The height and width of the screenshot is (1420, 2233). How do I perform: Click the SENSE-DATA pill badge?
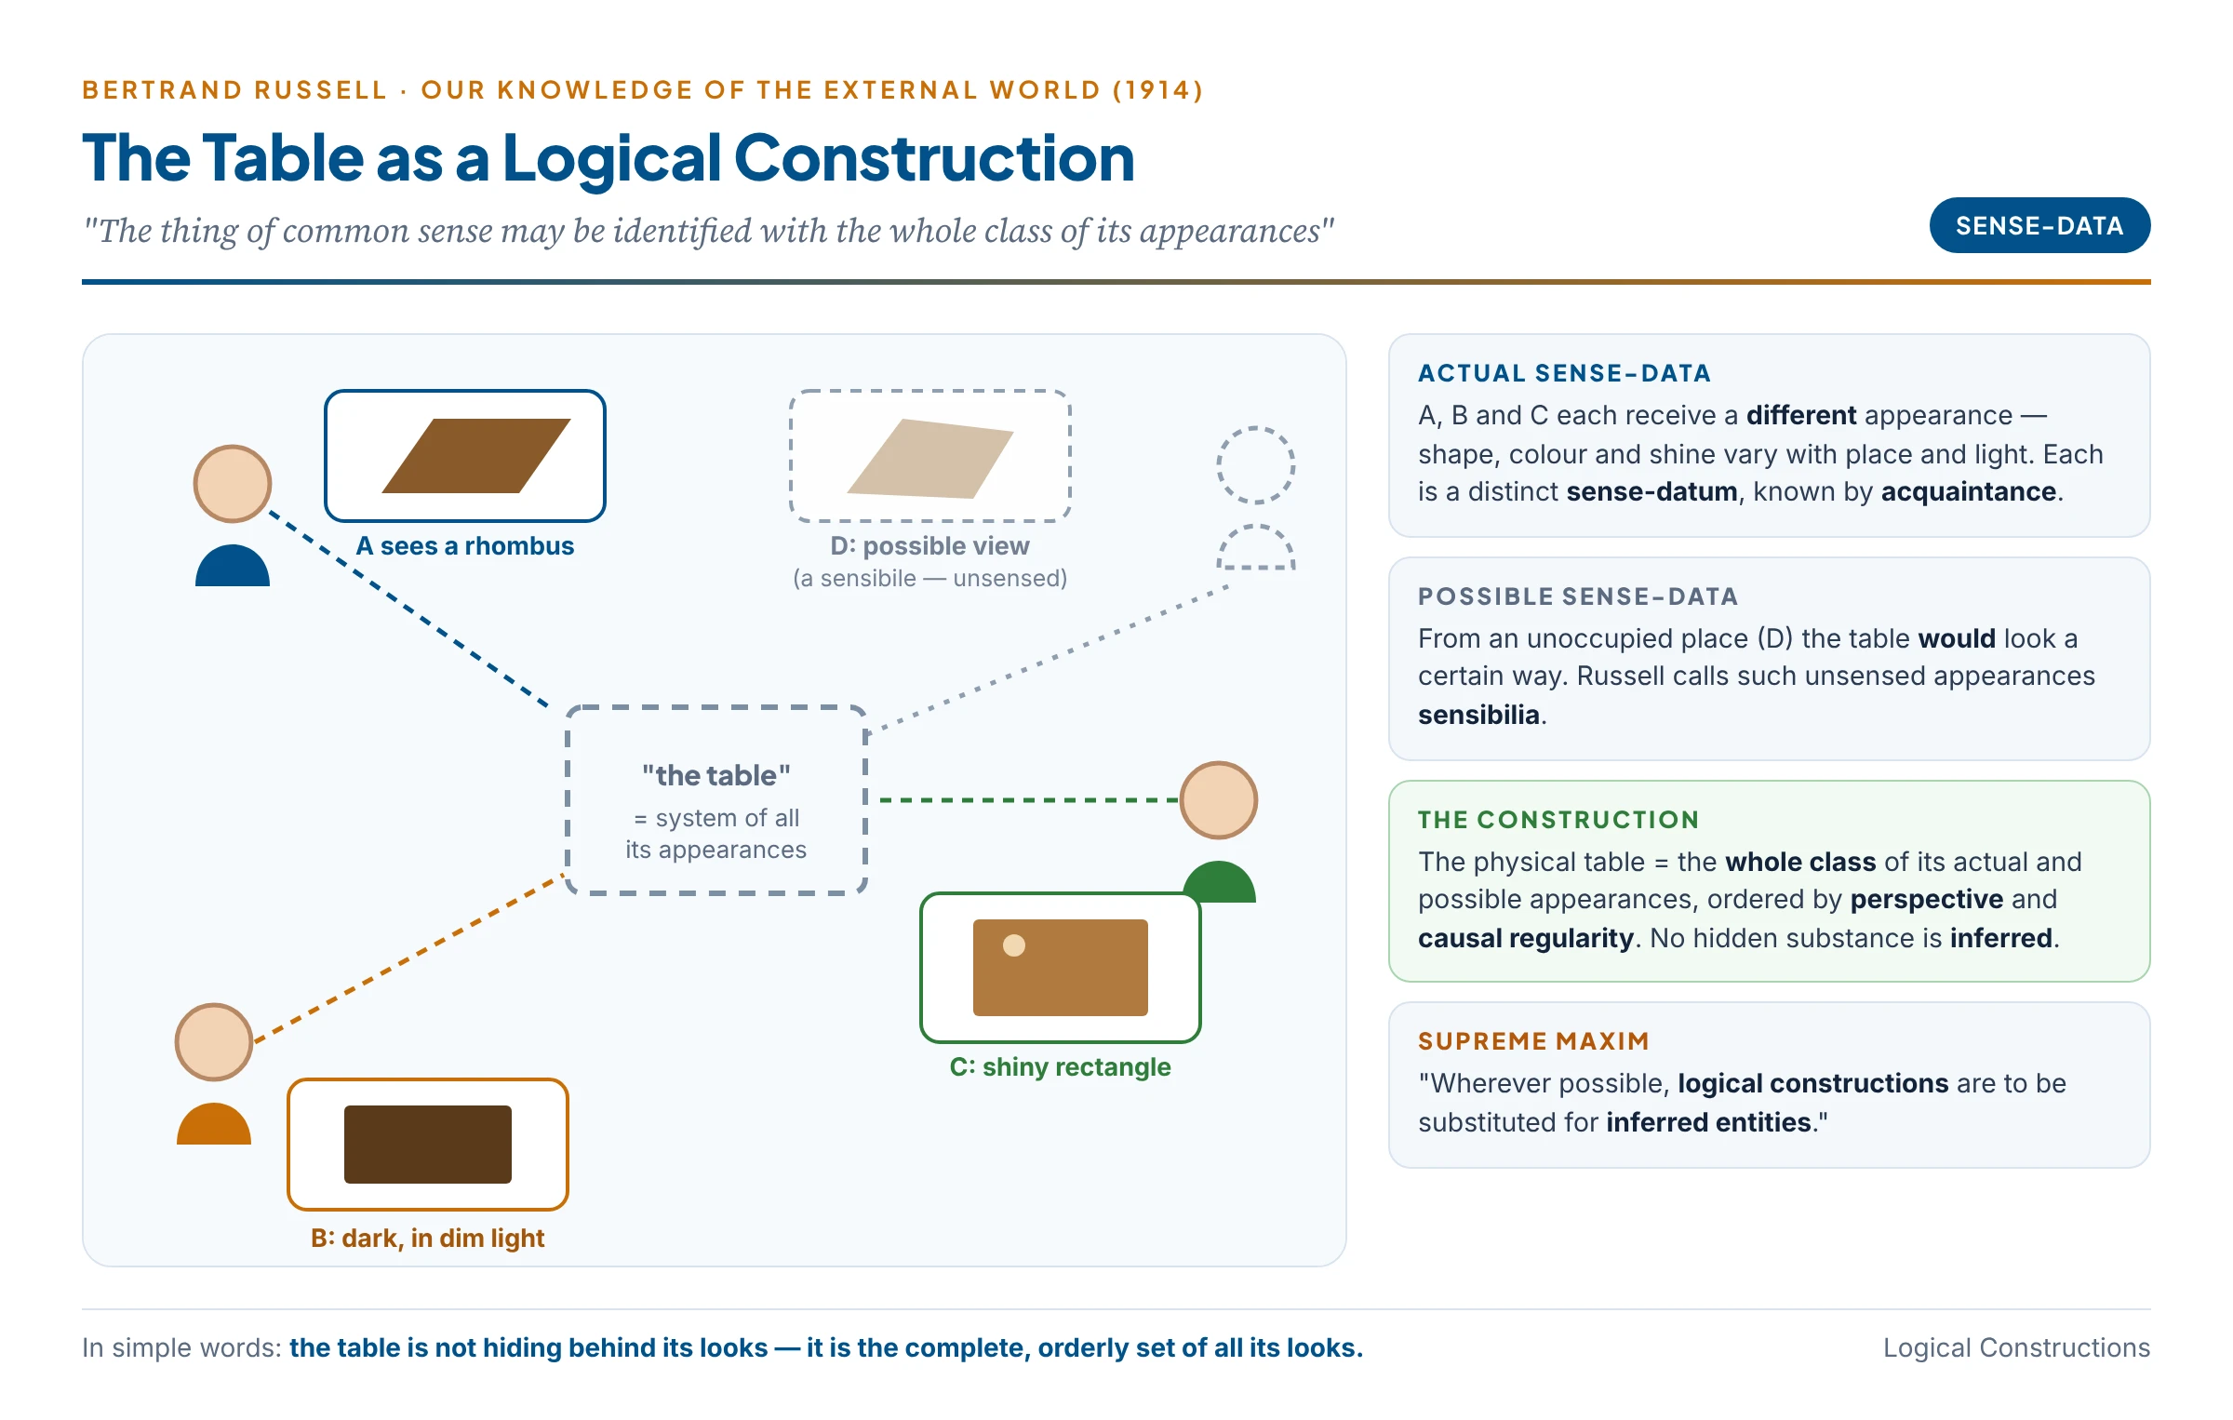click(x=2039, y=225)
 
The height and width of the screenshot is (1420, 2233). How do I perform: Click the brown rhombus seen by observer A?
click(x=476, y=456)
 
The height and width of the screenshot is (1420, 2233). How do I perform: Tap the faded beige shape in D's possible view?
click(x=930, y=459)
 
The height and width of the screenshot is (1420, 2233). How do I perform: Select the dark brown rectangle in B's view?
click(x=428, y=1145)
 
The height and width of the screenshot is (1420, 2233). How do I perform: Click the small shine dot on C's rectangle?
click(x=1014, y=945)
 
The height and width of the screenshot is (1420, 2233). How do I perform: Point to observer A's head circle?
click(x=233, y=484)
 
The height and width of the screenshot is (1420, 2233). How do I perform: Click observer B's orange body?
click(x=214, y=1124)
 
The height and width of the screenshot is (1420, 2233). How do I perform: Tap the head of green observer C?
click(x=1219, y=800)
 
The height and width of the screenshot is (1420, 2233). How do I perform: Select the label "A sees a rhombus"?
click(x=465, y=546)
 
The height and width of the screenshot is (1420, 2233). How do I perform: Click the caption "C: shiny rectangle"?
click(x=1061, y=1067)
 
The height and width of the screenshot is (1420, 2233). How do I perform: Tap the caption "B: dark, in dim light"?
click(x=428, y=1239)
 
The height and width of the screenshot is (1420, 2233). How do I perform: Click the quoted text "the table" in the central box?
click(x=716, y=775)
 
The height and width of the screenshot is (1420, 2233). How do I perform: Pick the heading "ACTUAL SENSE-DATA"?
click(x=1565, y=373)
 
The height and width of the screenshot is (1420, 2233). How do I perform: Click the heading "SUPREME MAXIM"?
click(x=1534, y=1041)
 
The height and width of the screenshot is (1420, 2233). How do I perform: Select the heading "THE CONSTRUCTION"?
click(x=1559, y=820)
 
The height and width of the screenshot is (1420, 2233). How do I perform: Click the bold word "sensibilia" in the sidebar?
click(x=1478, y=715)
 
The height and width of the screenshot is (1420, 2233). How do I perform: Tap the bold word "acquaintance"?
click(x=1969, y=491)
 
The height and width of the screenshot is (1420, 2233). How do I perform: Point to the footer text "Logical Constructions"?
click(x=2017, y=1347)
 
